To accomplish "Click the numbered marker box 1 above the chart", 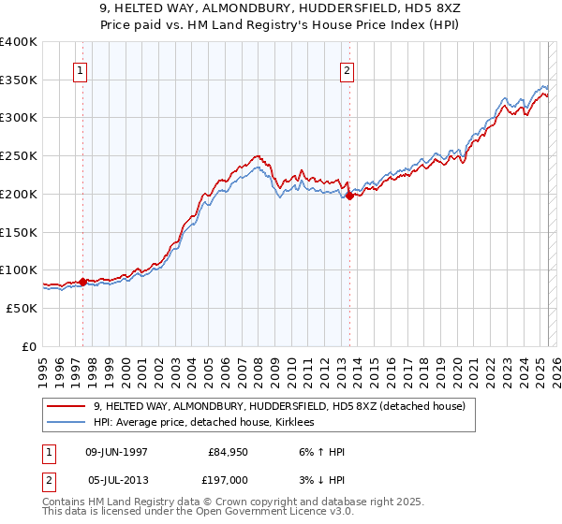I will point(80,69).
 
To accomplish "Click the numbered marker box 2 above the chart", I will point(348,69).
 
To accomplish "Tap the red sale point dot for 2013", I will point(349,196).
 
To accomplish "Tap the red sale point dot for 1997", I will point(82,281).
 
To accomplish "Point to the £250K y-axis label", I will point(20,156).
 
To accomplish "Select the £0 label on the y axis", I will point(30,346).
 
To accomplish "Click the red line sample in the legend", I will point(67,407).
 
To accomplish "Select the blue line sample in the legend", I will point(67,423).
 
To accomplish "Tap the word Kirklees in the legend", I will point(298,423).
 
